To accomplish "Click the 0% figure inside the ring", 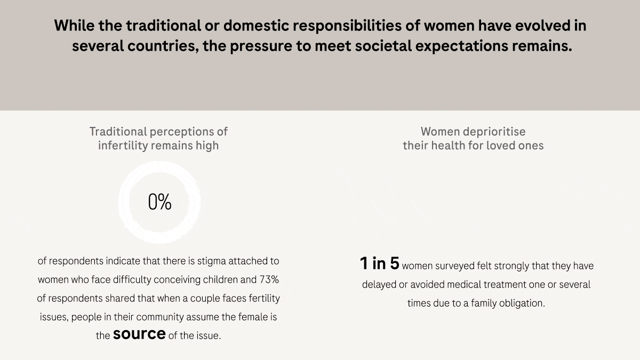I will [159, 203].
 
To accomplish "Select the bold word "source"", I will [139, 334].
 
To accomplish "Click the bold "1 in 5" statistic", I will [379, 263].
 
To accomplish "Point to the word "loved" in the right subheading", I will [501, 146].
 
